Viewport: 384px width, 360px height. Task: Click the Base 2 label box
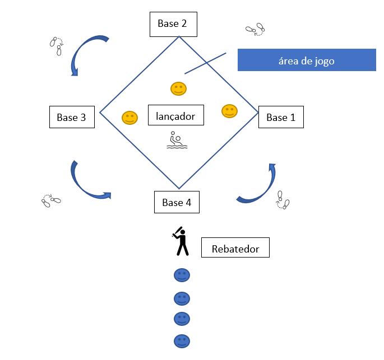coord(172,24)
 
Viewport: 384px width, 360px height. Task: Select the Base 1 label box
coord(280,117)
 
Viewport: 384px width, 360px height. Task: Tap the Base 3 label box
coord(71,117)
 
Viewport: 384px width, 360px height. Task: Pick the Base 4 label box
coord(177,202)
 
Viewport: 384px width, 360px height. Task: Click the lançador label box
coord(175,116)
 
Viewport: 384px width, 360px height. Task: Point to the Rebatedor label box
coord(235,249)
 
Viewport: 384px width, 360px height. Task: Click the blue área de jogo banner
coord(306,60)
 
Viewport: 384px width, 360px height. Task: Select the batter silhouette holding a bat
coord(180,241)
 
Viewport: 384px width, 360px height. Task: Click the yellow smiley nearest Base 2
coord(178,88)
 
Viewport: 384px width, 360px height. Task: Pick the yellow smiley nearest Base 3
coord(129,118)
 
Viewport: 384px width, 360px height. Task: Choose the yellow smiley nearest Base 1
coord(229,111)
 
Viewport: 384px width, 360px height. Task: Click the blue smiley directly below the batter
coord(182,275)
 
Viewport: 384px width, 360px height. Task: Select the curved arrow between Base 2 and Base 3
coord(85,55)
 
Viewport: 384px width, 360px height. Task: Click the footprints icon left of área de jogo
coord(255,29)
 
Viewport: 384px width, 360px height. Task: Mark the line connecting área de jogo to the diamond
coord(205,63)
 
